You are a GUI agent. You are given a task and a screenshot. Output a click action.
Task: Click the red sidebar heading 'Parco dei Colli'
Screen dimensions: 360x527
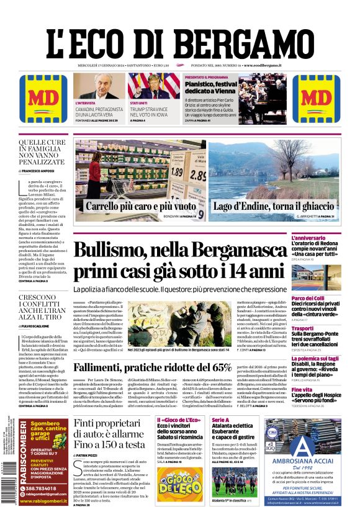click(326, 298)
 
